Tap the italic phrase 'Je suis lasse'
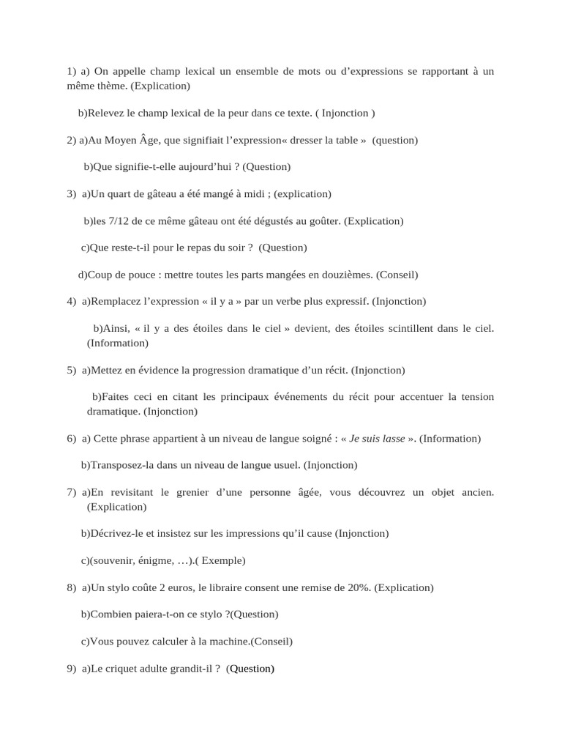378,439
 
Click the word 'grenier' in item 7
194,492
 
